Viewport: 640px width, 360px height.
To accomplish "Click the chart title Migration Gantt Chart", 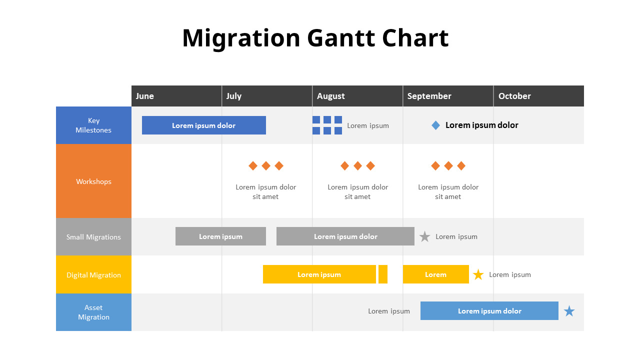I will click(315, 38).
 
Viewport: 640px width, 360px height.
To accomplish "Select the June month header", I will click(145, 96).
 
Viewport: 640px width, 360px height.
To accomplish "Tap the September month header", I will click(429, 96).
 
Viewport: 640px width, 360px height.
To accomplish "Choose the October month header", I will click(514, 96).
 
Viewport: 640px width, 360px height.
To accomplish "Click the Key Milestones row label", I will click(93, 125).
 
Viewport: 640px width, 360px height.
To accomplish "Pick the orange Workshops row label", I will click(93, 181).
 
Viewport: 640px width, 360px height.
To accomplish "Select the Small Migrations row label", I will click(93, 237).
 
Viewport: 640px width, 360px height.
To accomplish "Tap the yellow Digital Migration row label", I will click(93, 275).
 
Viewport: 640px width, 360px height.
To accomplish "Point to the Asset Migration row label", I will click(93, 312).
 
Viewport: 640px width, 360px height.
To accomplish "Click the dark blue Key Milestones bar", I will click(203, 125).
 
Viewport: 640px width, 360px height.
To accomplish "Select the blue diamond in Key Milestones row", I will click(435, 125).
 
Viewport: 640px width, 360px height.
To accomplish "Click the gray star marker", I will click(424, 236).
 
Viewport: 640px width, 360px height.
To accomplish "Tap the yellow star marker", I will click(478, 274).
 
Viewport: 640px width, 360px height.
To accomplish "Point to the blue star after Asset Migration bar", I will click(569, 311).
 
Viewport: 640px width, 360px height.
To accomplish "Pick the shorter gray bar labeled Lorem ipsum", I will click(220, 236).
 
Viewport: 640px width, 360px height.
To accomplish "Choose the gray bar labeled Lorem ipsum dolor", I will click(345, 236).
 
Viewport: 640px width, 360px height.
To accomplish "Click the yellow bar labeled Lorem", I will click(435, 274).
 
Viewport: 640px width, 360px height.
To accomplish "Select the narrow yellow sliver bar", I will click(383, 274).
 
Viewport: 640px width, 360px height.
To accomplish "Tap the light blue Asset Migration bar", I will click(489, 311).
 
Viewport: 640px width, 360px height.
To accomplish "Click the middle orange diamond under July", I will click(266, 165).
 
